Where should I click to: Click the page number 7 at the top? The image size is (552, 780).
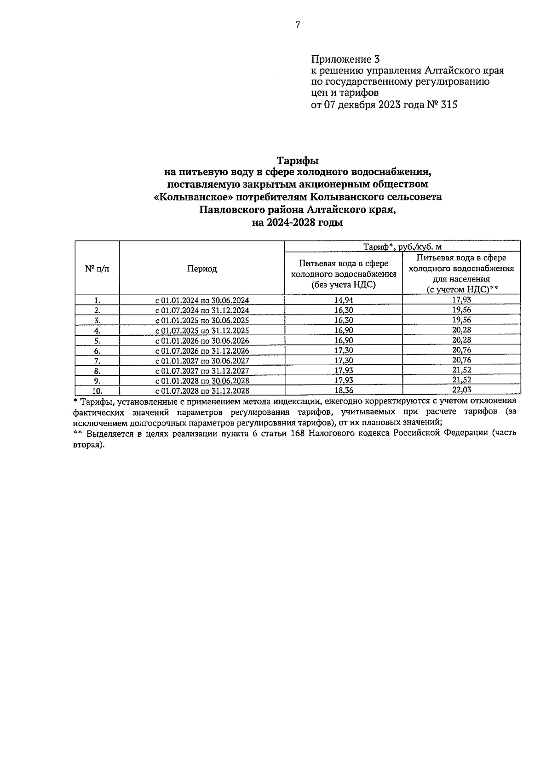tap(298, 25)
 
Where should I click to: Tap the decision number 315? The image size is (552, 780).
tap(448, 105)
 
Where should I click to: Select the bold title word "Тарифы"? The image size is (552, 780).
tap(298, 161)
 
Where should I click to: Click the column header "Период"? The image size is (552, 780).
tap(202, 269)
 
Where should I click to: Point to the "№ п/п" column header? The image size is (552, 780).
tap(97, 269)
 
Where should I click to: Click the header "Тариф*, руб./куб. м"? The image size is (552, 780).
tap(402, 247)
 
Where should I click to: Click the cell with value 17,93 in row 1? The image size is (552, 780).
tap(461, 300)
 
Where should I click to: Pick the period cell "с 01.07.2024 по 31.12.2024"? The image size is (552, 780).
tap(202, 310)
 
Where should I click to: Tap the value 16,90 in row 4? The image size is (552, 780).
tap(344, 330)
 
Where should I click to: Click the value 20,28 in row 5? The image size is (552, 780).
tap(461, 340)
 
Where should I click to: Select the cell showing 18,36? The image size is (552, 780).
tap(344, 390)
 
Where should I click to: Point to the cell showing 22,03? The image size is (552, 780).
tap(461, 390)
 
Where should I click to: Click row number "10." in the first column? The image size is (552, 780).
tap(97, 391)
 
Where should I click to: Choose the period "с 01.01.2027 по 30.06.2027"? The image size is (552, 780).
tap(202, 361)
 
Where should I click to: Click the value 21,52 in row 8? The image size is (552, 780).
tap(461, 370)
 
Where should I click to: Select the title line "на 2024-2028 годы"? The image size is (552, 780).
tap(298, 223)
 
